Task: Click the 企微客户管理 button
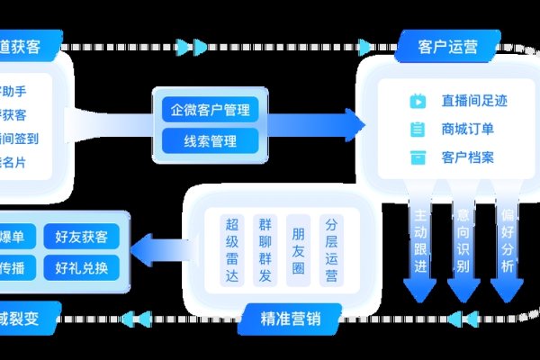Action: tap(210, 111)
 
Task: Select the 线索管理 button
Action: tap(210, 140)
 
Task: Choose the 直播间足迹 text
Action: tap(473, 102)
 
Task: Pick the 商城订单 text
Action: tap(467, 130)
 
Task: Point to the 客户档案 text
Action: tap(467, 157)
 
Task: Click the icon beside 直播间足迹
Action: tap(418, 102)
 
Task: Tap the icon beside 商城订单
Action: tap(418, 130)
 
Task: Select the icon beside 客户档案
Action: tap(418, 157)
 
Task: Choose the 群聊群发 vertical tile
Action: tap(265, 249)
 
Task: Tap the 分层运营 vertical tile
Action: tap(331, 249)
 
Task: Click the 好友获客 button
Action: tap(81, 237)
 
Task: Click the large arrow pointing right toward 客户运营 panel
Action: tap(315, 123)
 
